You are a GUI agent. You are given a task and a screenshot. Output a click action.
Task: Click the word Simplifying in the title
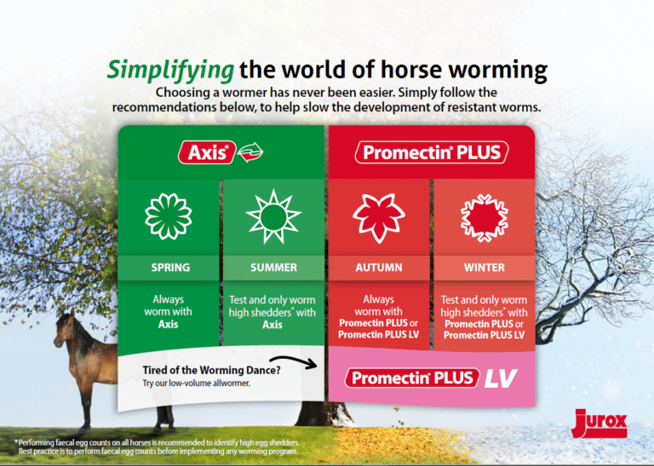[x=170, y=69]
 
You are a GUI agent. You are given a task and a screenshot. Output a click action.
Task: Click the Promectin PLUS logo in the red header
[x=431, y=152]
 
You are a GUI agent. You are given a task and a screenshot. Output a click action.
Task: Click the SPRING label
[x=170, y=267]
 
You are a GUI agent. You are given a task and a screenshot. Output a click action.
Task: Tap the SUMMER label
[x=273, y=267]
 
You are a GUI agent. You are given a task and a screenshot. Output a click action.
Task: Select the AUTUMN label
[x=379, y=267]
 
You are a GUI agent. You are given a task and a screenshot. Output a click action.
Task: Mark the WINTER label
[x=484, y=267]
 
